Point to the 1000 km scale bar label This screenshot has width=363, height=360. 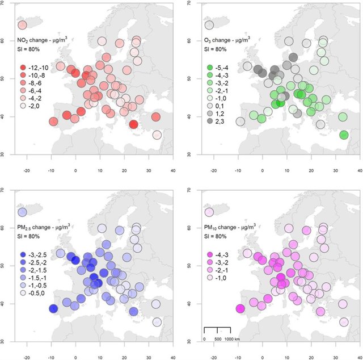click(235, 339)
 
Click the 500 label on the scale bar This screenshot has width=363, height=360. click(217, 339)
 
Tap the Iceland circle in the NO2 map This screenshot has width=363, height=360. click(22, 25)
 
